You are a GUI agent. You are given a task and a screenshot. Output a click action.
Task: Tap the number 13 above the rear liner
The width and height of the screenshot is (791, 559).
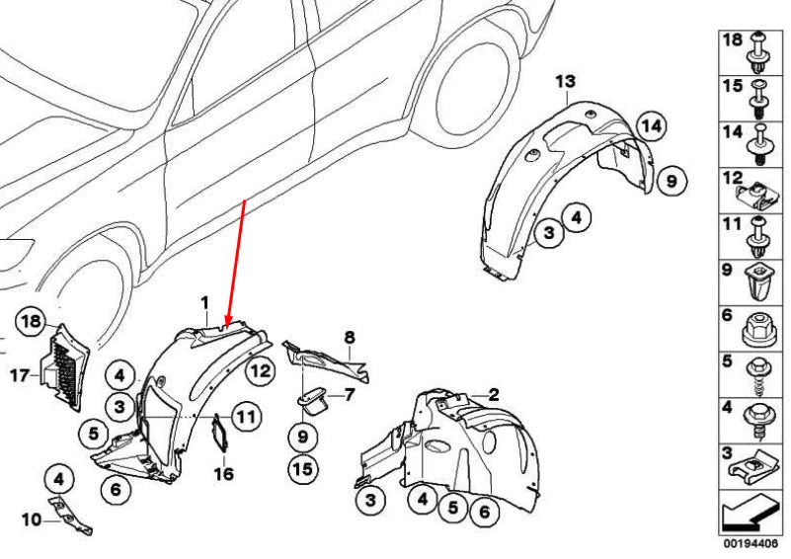566,81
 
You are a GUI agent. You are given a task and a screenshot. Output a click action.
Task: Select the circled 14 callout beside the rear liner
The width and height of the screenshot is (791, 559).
651,125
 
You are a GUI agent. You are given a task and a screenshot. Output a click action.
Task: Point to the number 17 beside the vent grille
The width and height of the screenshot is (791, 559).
20,375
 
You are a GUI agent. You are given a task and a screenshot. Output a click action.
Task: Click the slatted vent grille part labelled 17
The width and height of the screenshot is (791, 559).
64,367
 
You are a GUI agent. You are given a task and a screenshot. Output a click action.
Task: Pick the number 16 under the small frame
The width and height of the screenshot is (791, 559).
223,474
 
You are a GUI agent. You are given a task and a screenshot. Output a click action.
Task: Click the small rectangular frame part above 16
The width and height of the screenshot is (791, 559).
219,433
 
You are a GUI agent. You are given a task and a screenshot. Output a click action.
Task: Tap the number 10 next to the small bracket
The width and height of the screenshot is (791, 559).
32,519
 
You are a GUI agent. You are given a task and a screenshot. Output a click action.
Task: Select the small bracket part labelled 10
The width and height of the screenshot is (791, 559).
70,515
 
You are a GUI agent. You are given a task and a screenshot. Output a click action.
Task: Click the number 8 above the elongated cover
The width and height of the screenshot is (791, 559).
350,337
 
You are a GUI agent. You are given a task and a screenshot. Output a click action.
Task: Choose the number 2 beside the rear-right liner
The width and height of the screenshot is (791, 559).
494,394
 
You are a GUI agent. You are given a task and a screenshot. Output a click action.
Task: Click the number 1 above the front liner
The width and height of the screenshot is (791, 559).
204,303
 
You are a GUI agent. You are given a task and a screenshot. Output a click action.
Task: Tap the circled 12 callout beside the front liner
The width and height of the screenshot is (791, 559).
261,370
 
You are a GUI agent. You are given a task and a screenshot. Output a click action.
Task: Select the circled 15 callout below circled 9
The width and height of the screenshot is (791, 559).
303,469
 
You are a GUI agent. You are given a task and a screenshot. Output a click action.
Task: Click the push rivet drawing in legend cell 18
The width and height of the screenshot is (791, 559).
759,52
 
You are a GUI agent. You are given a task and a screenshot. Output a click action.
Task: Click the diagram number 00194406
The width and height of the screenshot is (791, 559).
751,543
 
